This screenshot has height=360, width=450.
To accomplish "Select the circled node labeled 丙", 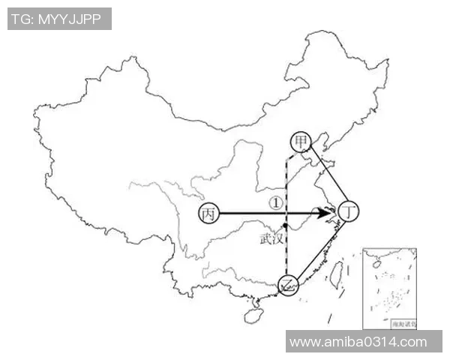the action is (208, 214).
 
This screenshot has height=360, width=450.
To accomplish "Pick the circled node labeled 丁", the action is (348, 212).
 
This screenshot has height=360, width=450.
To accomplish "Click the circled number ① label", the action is (276, 202).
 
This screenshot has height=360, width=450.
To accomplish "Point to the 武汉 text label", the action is (271, 239).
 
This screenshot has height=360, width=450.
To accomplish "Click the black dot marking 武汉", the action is (286, 226).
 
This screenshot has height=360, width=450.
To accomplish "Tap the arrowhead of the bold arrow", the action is (327, 214).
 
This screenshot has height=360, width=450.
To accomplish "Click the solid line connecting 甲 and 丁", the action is (325, 176).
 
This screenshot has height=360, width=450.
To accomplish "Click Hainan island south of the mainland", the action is (253, 316).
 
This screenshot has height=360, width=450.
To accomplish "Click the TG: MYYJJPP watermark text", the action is (59, 18).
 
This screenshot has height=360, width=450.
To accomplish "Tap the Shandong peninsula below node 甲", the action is (325, 174).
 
